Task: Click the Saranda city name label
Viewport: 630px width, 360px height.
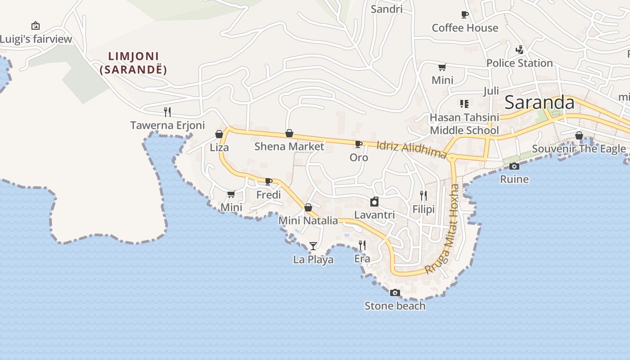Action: coord(540,103)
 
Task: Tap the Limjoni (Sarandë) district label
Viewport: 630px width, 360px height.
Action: coord(134,63)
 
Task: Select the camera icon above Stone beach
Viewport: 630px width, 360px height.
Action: coord(395,293)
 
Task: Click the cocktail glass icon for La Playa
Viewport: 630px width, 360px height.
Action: coord(313,246)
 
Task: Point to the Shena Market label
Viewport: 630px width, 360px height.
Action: coord(289,146)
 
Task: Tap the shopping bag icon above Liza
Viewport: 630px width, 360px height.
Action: coord(219,134)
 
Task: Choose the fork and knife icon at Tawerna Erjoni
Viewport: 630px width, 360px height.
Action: coord(167,112)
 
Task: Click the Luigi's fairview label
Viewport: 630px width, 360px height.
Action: coord(36,39)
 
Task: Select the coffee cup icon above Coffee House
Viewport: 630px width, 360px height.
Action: coord(465,15)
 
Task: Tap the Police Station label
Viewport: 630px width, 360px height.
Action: coord(519,63)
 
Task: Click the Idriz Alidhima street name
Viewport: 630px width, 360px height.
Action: coord(411,149)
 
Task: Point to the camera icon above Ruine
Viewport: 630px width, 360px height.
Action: coord(514,166)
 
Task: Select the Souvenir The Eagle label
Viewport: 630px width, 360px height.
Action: coord(579,148)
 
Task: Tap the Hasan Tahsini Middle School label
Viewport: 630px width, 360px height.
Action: coord(464,124)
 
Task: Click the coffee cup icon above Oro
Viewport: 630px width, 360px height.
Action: coord(359,144)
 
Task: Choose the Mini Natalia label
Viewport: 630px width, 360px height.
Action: coord(308,220)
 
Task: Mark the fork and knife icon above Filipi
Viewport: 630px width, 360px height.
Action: coord(423,196)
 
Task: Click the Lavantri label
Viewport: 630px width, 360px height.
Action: coord(374,215)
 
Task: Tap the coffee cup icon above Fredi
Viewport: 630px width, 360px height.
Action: coord(269,181)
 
